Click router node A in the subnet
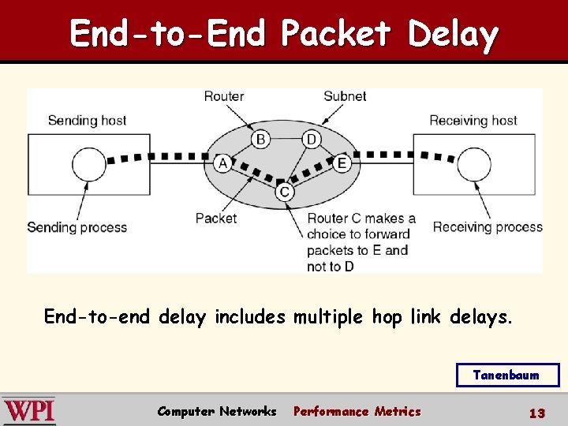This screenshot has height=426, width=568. pos(222,163)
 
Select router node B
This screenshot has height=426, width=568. pos(260,140)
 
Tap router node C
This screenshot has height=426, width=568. pos(285,192)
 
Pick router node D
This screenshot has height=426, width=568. pos(311,140)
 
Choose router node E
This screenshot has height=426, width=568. pos(342,163)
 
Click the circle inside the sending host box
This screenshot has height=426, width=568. pos(89,165)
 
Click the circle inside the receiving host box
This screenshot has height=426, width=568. pos(473,165)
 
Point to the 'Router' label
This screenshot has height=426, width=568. pos(224,96)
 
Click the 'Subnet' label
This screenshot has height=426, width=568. pos(345,96)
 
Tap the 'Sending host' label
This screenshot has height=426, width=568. pos(87,121)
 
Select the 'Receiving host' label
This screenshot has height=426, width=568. pos(473,121)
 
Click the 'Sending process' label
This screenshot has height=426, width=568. pos(77,227)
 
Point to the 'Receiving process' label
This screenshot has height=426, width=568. pos(487,227)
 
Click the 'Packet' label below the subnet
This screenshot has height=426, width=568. pos(215,219)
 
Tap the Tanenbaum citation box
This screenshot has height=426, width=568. pos(507,376)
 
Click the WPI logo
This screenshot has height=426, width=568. pos(29,411)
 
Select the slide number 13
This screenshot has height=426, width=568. pos(536,413)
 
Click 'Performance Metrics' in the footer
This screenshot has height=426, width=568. pos(357,411)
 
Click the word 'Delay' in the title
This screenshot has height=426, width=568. pos(453,34)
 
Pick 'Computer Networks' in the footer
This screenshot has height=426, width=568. pos(217,411)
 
